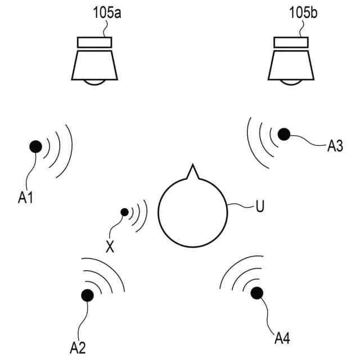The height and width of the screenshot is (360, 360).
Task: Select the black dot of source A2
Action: click(x=88, y=295)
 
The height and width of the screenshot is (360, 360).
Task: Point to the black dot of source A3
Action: click(x=284, y=134)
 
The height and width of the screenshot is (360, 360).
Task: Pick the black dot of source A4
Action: click(x=257, y=292)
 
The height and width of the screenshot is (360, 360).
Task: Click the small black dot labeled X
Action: click(x=124, y=212)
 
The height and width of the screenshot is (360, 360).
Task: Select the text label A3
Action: click(x=335, y=147)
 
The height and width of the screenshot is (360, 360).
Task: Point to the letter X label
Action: click(x=110, y=246)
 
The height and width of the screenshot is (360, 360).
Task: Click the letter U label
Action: click(x=259, y=206)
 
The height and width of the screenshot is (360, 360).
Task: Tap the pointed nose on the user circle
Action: click(x=192, y=170)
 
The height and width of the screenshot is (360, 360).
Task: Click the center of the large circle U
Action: click(x=192, y=211)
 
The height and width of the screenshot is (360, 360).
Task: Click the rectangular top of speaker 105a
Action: click(x=94, y=43)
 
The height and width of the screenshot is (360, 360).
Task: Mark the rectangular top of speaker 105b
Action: click(x=291, y=43)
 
